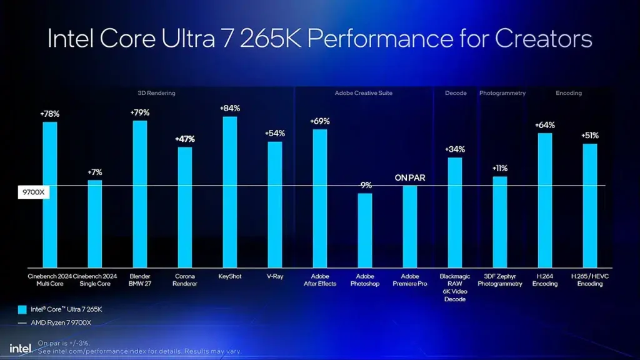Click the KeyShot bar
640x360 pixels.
230,192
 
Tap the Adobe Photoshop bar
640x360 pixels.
365,230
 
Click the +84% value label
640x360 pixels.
230,108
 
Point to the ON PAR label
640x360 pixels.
410,178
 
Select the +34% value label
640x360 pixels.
455,149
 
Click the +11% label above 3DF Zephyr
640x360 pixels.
500,168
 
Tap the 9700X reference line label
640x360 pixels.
32,192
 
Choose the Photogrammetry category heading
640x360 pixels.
502,93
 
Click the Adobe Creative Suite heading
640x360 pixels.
364,93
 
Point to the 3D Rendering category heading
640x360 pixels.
156,93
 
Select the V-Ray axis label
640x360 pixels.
275,276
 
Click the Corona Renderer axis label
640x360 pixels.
185,280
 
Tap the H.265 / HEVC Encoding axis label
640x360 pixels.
590,280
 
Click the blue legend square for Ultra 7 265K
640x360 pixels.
22,309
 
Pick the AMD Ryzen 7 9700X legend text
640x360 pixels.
61,322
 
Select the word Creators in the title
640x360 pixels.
544,39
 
